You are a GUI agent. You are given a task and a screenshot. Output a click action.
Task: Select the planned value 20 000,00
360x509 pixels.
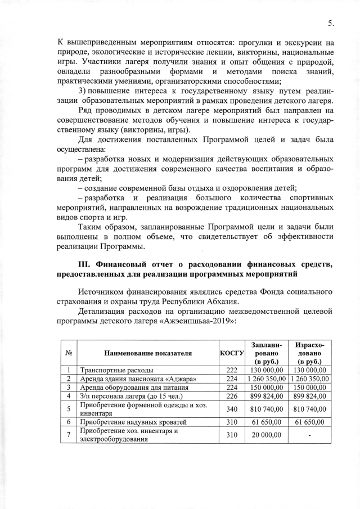[267, 435]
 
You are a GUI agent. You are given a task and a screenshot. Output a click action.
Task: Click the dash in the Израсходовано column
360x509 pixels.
[309, 435]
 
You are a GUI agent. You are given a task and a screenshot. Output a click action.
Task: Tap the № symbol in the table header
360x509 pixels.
[67, 353]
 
